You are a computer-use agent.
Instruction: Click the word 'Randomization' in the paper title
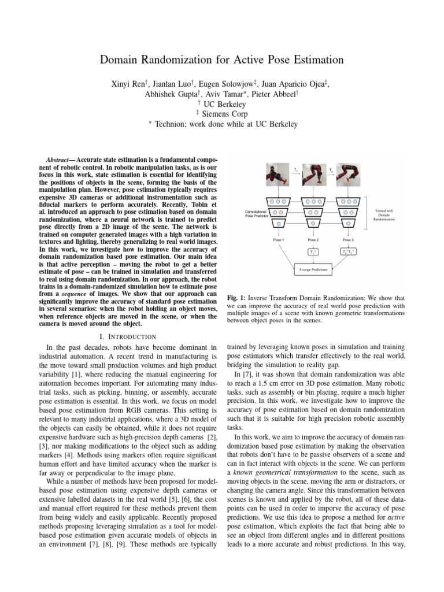[x=184, y=60]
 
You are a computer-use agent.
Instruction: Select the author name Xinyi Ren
[x=127, y=84]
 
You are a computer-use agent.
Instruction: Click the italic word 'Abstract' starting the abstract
[x=60, y=159]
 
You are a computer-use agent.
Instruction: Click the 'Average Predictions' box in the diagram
[x=313, y=268]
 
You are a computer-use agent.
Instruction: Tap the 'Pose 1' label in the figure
[x=279, y=239]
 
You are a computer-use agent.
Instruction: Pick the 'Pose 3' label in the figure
[x=348, y=239]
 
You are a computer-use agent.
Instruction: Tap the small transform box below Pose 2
[x=313, y=251]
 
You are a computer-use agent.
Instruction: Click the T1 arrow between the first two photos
[x=296, y=171]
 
